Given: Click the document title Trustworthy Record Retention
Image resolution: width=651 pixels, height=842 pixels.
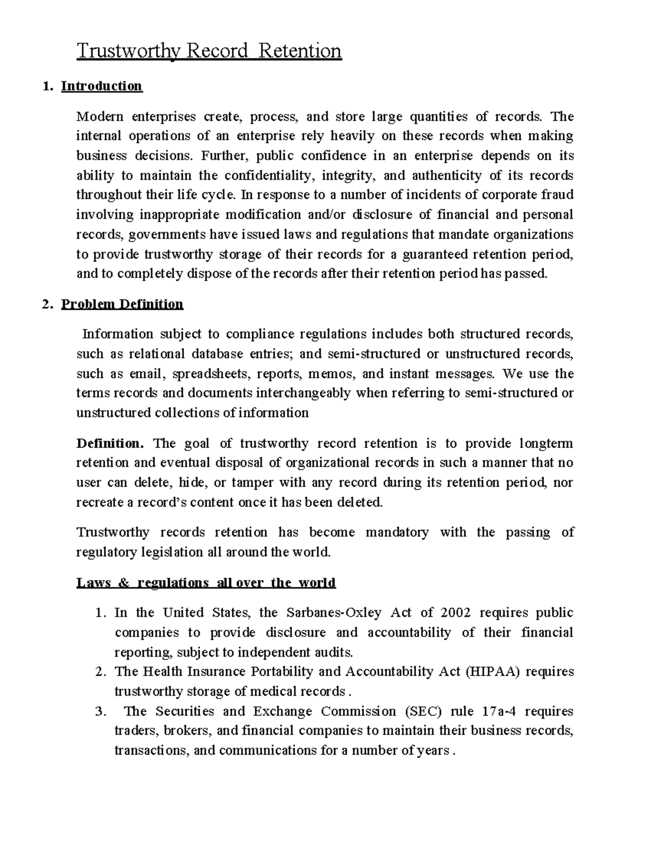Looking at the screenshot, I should pyautogui.click(x=209, y=51).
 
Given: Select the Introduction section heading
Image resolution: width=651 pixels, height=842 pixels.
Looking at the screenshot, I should pyautogui.click(x=101, y=86).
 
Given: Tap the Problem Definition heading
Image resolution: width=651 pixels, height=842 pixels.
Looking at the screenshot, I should pyautogui.click(x=122, y=304).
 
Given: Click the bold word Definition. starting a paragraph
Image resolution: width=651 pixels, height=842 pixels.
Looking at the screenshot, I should pyautogui.click(x=110, y=444).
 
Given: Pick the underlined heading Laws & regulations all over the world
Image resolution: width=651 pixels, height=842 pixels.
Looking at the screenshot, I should pyautogui.click(x=206, y=583).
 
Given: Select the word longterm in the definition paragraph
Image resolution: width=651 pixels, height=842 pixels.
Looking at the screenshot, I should pyautogui.click(x=546, y=444).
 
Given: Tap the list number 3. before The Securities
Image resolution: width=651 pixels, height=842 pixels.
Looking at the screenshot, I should pyautogui.click(x=99, y=711).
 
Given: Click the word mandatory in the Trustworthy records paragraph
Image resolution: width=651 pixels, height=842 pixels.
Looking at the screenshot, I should pyautogui.click(x=397, y=532).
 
